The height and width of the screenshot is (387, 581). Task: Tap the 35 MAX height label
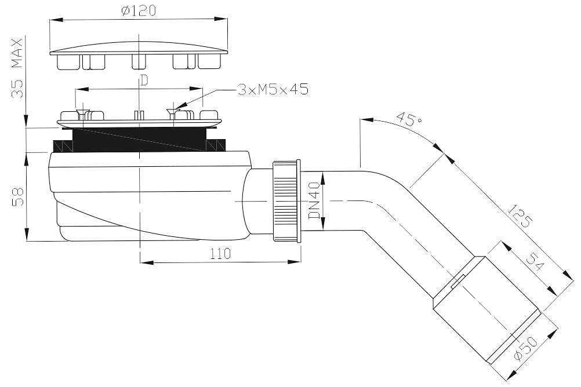coord(17,68)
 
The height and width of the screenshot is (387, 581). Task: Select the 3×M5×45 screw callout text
coord(273,89)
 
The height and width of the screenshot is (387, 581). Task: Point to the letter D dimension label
coord(144,81)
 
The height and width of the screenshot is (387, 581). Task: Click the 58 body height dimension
coord(17,196)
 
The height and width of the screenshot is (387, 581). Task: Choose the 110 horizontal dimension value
coord(220,254)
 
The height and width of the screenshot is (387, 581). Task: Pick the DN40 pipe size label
coord(314,200)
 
